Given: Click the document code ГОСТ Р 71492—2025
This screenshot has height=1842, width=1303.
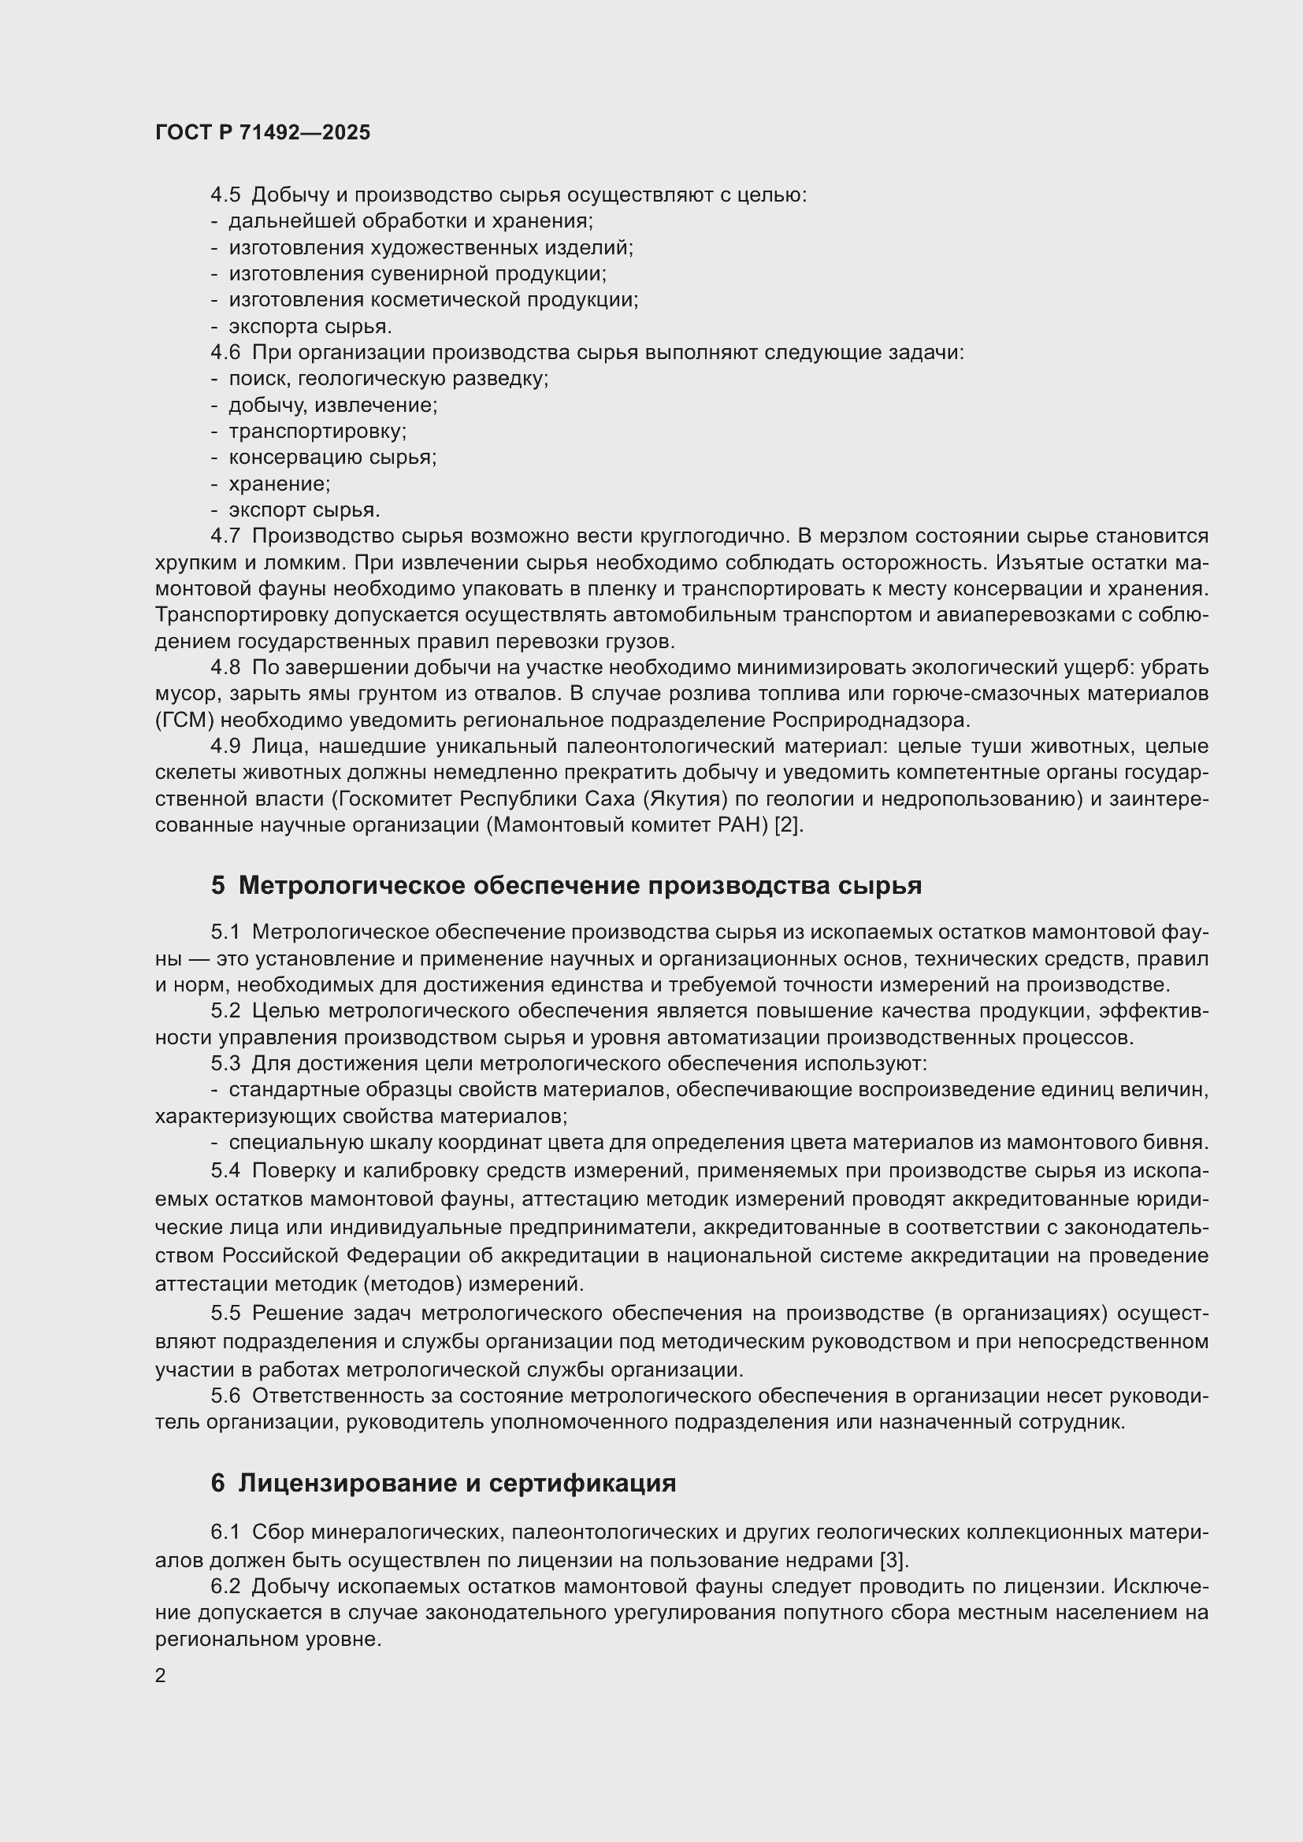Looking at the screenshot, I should click(x=262, y=133).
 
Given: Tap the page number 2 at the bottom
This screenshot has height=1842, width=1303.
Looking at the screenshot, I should click(x=161, y=1676).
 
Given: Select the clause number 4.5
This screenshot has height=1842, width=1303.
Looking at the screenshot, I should click(x=225, y=195).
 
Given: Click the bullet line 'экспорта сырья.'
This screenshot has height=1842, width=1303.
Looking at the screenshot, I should click(x=310, y=327).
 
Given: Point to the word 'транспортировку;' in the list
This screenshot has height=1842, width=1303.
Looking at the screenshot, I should click(x=317, y=432).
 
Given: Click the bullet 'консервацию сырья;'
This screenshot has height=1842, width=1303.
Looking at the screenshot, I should click(x=332, y=458).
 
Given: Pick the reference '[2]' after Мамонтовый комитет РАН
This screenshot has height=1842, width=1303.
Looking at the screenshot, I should click(x=788, y=825).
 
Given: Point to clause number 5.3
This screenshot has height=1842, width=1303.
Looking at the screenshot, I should click(x=225, y=1064).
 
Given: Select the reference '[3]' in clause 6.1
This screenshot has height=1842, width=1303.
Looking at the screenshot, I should click(x=893, y=1560).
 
